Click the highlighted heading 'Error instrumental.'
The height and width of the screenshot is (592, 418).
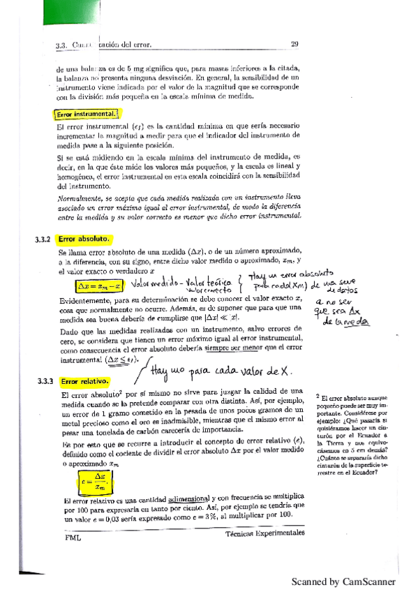tap(86, 114)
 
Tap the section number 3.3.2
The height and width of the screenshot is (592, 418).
tap(43, 239)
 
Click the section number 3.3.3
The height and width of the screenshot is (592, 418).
tap(43, 382)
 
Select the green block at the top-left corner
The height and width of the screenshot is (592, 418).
tap(24, 17)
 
